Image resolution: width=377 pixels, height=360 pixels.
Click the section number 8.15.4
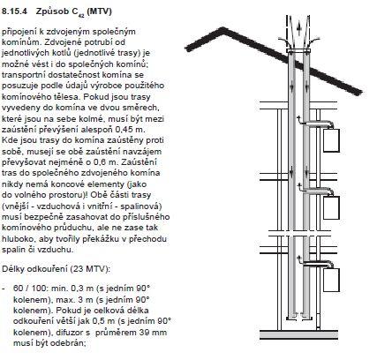coord(15,11)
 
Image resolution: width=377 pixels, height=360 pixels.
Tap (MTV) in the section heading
coord(100,11)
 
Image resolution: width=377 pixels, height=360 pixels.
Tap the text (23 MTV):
coord(90,269)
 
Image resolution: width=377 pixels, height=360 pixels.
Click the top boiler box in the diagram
coord(331,140)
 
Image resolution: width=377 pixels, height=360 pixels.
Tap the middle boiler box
coord(331,207)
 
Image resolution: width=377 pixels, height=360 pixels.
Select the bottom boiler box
coord(331,280)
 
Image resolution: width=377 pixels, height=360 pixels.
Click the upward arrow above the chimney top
coord(298,28)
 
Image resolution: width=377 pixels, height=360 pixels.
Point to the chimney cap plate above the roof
coord(298,51)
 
